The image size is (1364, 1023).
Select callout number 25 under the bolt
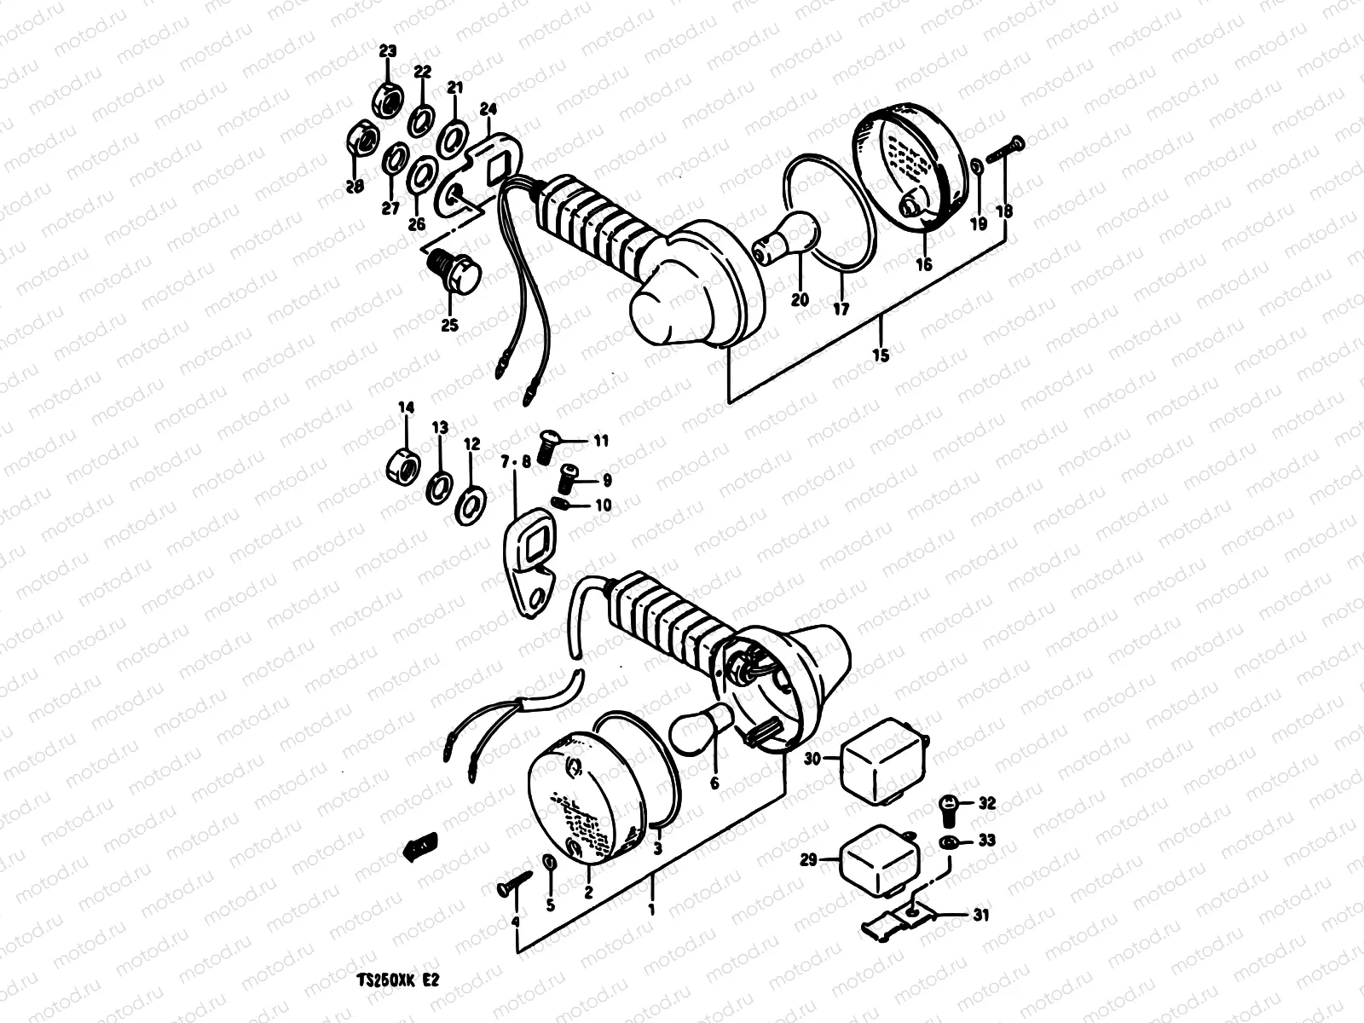pyautogui.click(x=449, y=325)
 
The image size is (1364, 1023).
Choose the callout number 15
pyautogui.click(x=881, y=355)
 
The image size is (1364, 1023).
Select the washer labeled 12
pyautogui.click(x=469, y=505)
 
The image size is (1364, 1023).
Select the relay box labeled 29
pyautogui.click(x=878, y=863)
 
